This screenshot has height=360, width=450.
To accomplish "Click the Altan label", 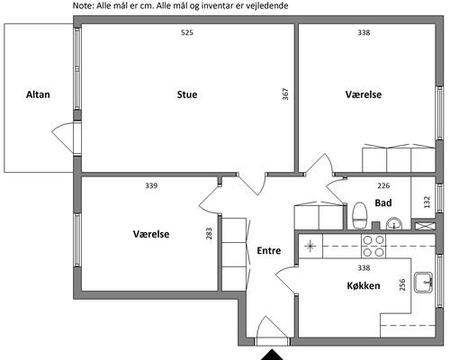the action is pyautogui.click(x=38, y=94).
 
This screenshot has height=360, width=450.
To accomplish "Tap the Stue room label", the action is pyautogui.click(x=187, y=94).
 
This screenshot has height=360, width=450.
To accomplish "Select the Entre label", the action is pyautogui.click(x=269, y=250).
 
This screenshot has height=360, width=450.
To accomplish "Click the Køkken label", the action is pyautogui.click(x=364, y=285).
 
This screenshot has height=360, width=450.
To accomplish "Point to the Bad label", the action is pyautogui.click(x=383, y=202).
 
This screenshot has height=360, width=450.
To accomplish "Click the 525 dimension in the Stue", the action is pyautogui.click(x=187, y=32).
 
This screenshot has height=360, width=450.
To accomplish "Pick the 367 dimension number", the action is pyautogui.click(x=285, y=94).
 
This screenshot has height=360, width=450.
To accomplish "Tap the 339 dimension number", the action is pyautogui.click(x=151, y=185).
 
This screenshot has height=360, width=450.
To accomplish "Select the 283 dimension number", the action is pyautogui.click(x=209, y=233).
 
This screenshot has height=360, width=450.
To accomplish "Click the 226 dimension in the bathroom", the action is pyautogui.click(x=383, y=185).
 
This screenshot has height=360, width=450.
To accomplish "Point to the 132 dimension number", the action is pyautogui.click(x=427, y=202).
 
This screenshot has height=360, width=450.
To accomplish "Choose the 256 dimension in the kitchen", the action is pyautogui.click(x=402, y=284).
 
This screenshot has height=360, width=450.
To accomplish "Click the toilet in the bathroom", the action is pyautogui.click(x=360, y=216).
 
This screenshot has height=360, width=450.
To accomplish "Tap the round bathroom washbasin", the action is pyautogui.click(x=394, y=224).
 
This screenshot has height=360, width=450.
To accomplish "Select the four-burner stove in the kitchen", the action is pyautogui.click(x=373, y=247).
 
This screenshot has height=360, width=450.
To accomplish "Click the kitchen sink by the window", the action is pyautogui.click(x=423, y=283).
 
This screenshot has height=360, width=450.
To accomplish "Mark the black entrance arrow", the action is pyautogui.click(x=272, y=355).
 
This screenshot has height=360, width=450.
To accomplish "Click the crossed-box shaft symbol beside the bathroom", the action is pyautogui.click(x=424, y=226).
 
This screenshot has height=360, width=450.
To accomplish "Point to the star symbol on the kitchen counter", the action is pyautogui.click(x=310, y=247).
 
